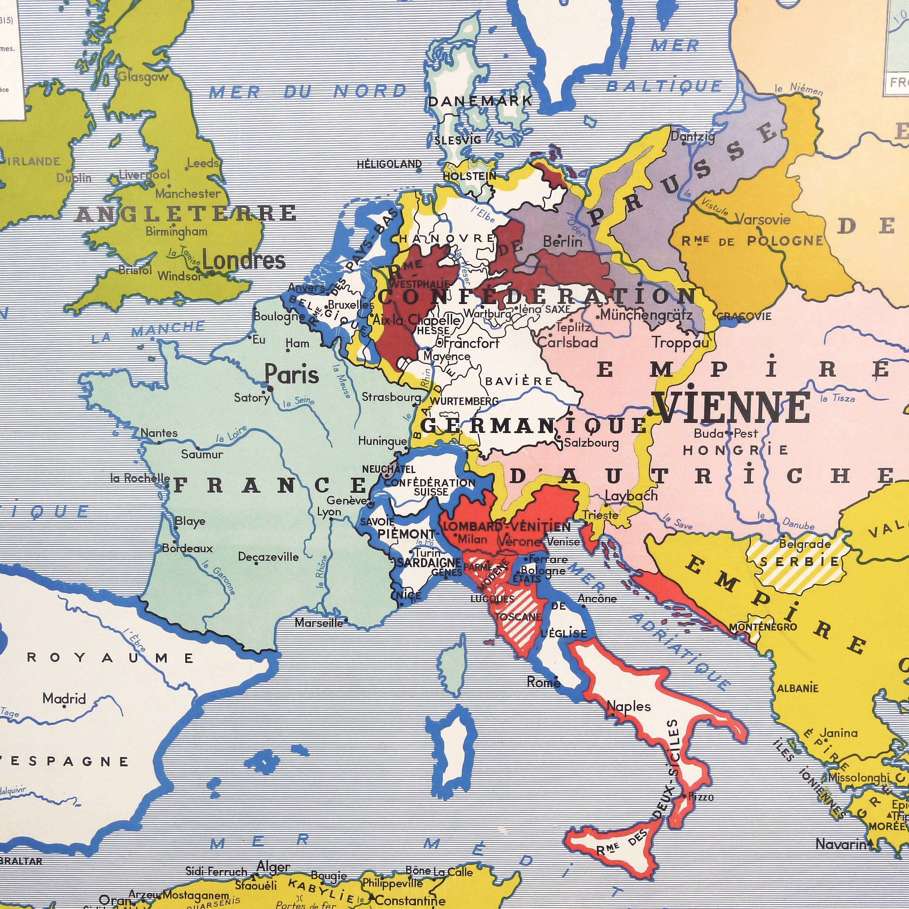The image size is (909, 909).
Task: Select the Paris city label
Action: point(292,375)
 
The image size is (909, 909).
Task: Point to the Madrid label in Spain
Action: point(64,698)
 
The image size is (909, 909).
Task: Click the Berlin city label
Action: point(563,242)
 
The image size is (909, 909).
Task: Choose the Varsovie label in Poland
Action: point(763,220)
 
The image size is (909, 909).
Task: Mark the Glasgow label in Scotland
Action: point(142,77)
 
